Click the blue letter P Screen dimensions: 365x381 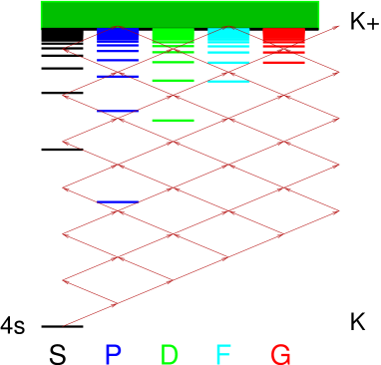(x=113, y=354)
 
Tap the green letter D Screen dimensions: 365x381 (x=170, y=354)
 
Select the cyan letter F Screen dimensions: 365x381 (x=223, y=354)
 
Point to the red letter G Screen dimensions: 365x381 (x=280, y=354)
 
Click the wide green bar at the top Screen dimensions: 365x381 (x=180, y=14)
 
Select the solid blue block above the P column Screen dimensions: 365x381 (x=118, y=38)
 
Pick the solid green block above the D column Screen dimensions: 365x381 (x=173, y=35)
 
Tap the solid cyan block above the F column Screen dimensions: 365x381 (x=228, y=36)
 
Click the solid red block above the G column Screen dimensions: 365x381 (x=283, y=35)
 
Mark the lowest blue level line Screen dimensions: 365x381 (x=118, y=201)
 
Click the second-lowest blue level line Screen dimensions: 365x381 (x=118, y=111)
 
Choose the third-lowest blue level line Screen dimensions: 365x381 (x=118, y=76)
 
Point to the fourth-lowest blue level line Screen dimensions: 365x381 (x=118, y=60)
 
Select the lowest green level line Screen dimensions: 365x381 (x=173, y=120)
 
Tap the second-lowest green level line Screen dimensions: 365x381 (x=173, y=80)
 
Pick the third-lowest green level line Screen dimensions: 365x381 (x=173, y=62)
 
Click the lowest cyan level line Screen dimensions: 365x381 (x=228, y=81)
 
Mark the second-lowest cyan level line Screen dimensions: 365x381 (x=228, y=62)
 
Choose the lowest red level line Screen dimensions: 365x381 (x=283, y=62)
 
